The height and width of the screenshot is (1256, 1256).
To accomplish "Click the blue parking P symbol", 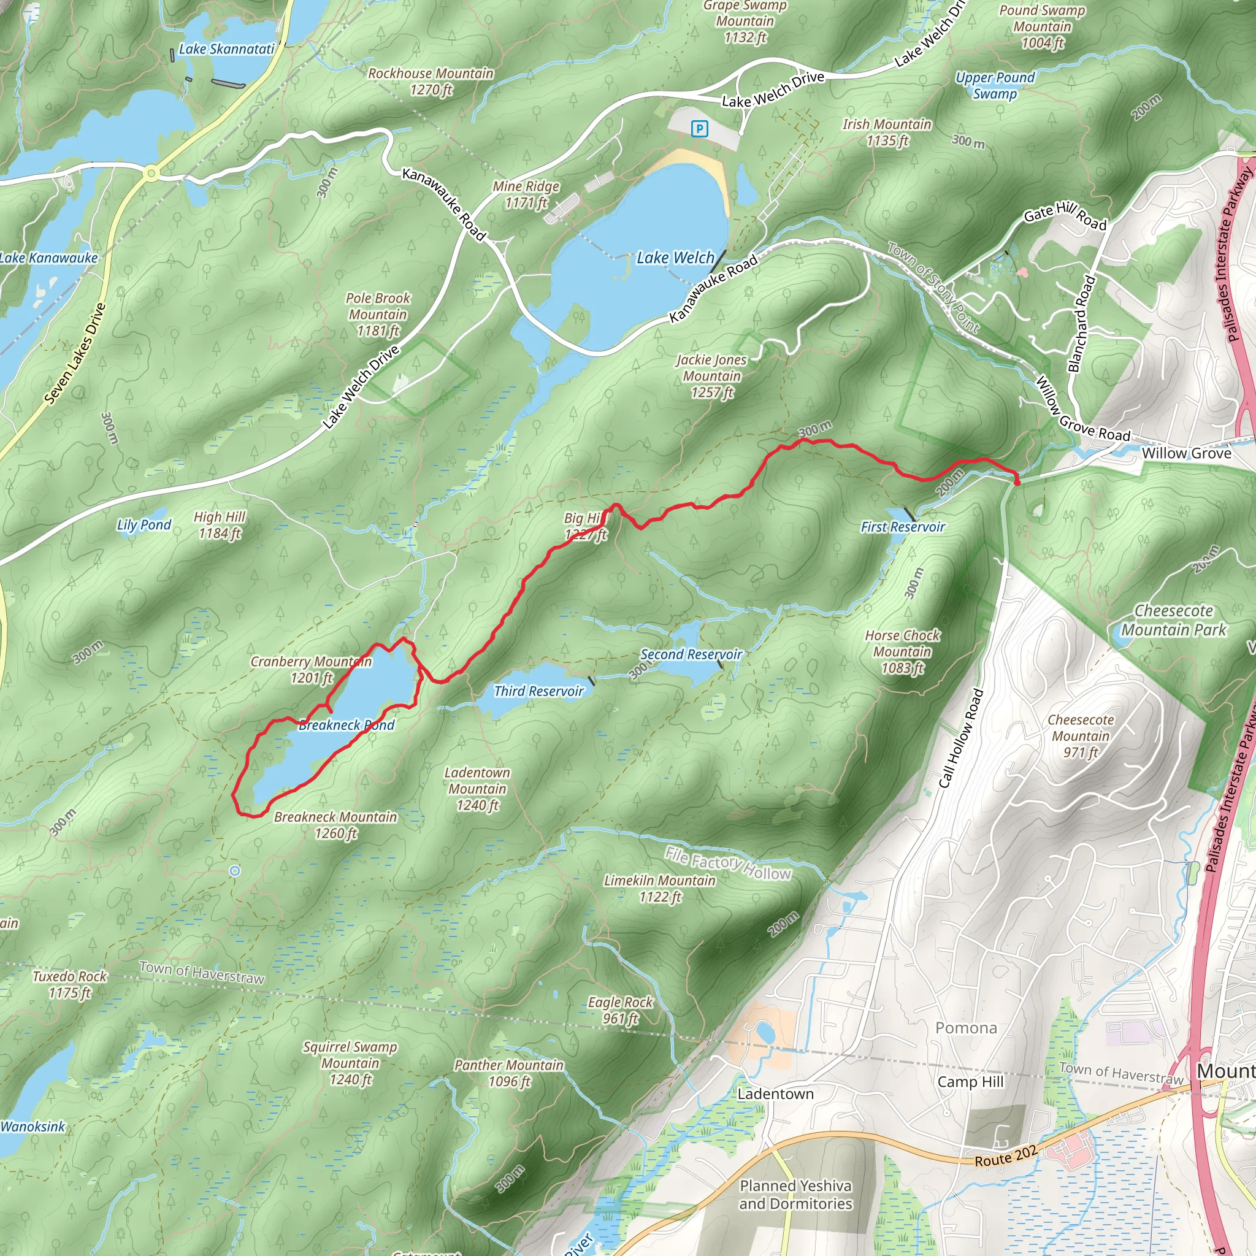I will point(700,129).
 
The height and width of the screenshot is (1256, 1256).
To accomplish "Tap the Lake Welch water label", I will point(675,258).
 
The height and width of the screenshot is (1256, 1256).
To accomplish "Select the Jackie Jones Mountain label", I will point(711,376).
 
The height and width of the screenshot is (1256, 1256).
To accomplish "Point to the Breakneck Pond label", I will point(347,725).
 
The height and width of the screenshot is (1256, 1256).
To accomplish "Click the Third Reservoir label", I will point(538,691).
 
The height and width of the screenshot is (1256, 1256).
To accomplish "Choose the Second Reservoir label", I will point(691,654).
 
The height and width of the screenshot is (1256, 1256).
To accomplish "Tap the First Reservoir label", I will point(902,527).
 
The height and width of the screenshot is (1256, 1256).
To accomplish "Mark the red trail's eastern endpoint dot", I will point(1017,481).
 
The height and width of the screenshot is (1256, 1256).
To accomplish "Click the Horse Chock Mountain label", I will point(902,651).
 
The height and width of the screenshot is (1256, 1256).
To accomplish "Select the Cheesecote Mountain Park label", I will point(1173,620).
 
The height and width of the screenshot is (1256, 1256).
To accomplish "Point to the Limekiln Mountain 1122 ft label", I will point(659,888).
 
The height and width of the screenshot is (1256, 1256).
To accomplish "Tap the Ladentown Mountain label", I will point(477,789).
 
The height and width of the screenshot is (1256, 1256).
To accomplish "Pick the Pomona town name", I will point(965,1028).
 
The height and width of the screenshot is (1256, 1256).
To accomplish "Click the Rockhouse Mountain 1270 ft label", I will point(431,82).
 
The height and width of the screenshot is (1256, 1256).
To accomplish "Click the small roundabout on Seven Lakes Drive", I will point(151,173).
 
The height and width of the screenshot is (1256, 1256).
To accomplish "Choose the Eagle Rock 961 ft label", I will point(620,1010).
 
